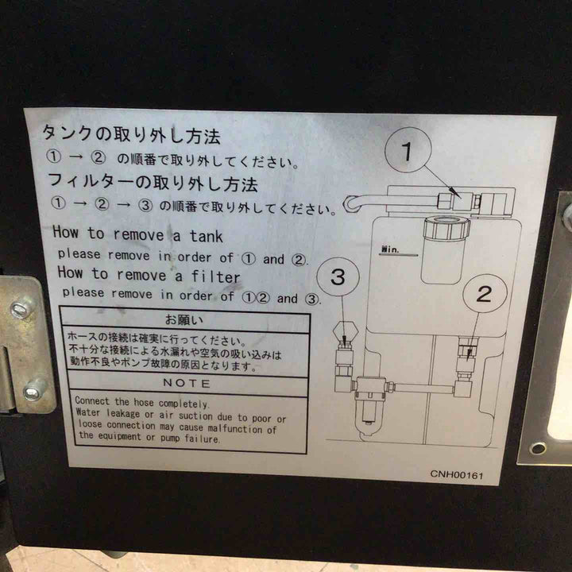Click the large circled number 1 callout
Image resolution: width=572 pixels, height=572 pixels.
coord(408,149)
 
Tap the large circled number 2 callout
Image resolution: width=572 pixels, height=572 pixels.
coord(485,294)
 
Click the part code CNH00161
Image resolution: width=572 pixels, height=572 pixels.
coord(456,474)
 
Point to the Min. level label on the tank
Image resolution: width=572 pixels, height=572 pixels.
coord(390,249)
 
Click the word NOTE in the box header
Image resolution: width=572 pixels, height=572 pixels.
coord(187,383)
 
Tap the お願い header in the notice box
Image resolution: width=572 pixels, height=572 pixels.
coord(184,319)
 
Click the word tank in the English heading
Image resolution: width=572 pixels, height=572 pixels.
coord(206,236)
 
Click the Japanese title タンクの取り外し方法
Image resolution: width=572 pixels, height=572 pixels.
coord(131,134)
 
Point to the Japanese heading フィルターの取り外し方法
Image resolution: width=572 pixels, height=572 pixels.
coord(153,182)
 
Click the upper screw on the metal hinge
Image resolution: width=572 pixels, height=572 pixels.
coord(20,309)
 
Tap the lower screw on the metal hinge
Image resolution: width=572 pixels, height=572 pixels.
coord(33,392)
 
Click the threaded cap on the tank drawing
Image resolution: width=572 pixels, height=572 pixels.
coord(446,228)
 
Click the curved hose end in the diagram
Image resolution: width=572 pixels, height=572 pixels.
coord(351,204)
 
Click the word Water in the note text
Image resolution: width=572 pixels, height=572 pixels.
coord(87,412)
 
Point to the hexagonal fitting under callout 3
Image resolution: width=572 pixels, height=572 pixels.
coord(345,331)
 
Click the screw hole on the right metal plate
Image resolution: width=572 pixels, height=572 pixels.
coord(539,448)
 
